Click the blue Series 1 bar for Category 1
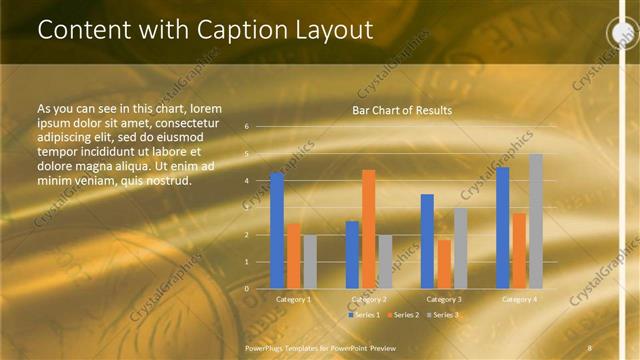pos(277,230)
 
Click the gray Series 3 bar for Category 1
pos(310,261)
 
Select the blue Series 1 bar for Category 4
pos(502,227)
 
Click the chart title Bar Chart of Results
pos(402,110)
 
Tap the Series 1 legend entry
pos(364,315)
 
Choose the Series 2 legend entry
pos(403,315)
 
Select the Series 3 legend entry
pos(442,315)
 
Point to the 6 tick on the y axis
pos(246,127)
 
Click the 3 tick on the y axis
pos(246,208)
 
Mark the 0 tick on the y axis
pos(246,289)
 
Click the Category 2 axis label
pos(369,299)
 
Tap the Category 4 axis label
pos(519,299)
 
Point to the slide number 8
pos(590,347)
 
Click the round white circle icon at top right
pos(622,33)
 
